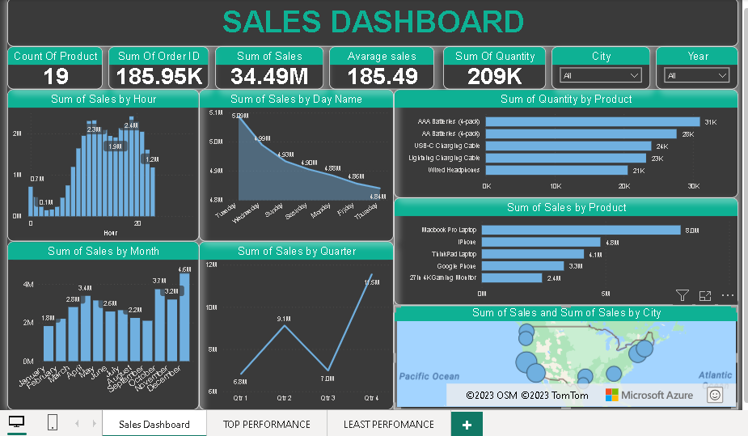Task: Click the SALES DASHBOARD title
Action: tap(373, 22)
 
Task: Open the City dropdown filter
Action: tap(601, 75)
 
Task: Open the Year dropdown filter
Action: tap(696, 75)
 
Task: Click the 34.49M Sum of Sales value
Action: tap(269, 77)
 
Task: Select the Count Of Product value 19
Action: tap(56, 77)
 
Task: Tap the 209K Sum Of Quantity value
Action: tap(495, 77)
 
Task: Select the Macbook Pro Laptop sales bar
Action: tap(581, 230)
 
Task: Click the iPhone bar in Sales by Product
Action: tap(541, 242)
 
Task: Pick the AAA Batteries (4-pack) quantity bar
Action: tap(593, 121)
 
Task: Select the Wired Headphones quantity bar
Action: tap(556, 170)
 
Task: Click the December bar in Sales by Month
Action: tap(184, 317)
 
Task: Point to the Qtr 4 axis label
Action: tap(371, 399)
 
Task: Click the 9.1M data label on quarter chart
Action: tap(284, 320)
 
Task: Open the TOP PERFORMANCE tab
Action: tap(267, 424)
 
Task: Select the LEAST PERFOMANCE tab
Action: tap(388, 424)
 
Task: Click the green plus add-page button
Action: tap(467, 424)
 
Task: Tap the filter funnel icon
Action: tap(682, 296)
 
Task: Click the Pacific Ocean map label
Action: tap(429, 376)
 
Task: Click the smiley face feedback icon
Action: tap(714, 395)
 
